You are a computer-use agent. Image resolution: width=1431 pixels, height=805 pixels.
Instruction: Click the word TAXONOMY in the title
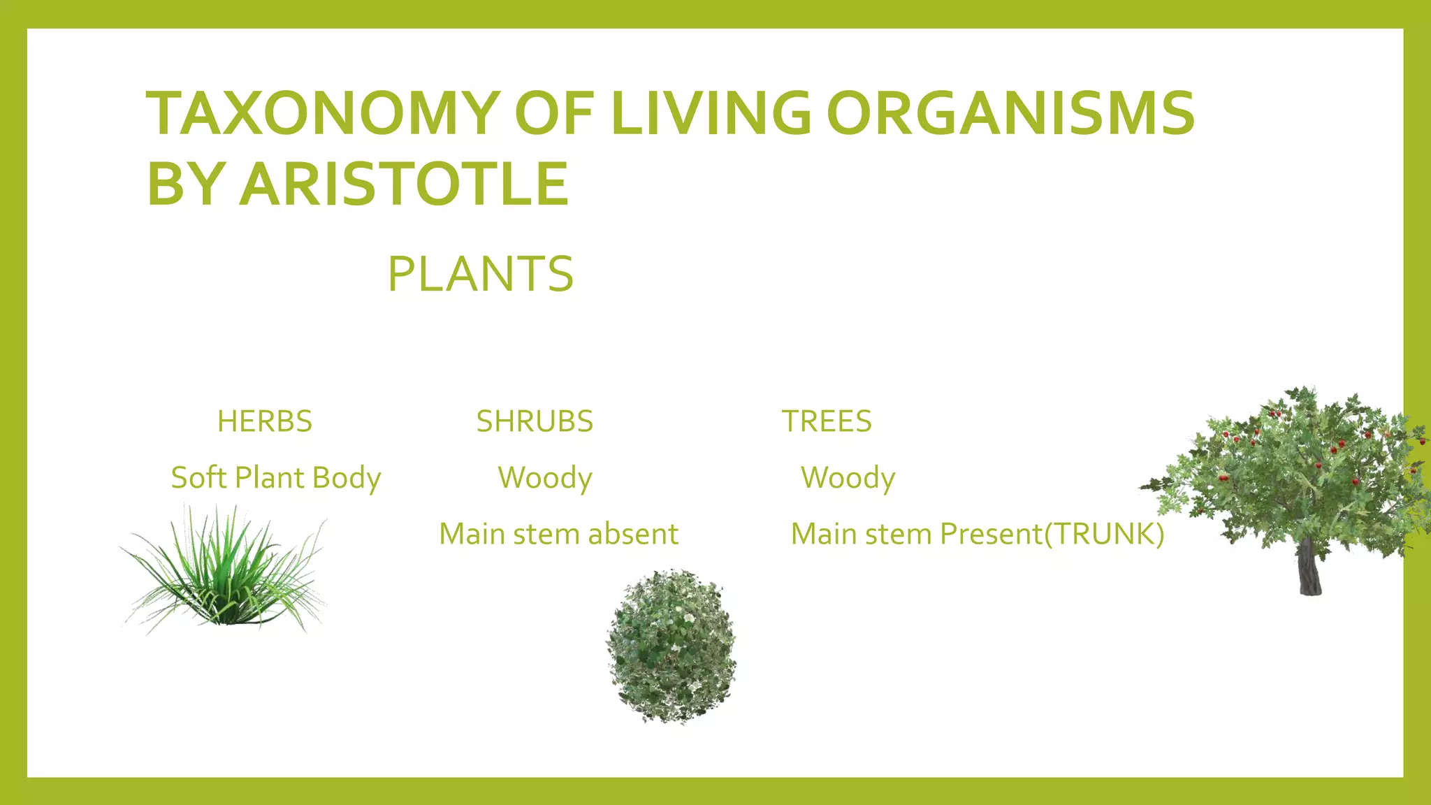coord(322,113)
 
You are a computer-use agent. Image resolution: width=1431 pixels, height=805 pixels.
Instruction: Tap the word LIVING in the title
coord(711,113)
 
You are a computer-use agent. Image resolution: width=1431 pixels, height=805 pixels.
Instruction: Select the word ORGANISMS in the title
coord(1010,113)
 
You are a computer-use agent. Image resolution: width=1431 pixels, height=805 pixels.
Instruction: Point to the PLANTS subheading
coord(481,274)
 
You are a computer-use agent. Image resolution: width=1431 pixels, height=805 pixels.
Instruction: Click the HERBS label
coord(264,421)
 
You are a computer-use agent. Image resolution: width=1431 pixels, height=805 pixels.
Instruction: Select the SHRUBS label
coord(535,421)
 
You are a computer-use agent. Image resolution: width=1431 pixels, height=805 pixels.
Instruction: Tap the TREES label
coord(827,421)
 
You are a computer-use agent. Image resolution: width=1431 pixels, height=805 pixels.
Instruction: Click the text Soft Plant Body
coord(276,478)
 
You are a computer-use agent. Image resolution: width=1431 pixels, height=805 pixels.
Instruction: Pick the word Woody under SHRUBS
coord(545,478)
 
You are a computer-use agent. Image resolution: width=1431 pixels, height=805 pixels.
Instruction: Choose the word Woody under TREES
coord(848,478)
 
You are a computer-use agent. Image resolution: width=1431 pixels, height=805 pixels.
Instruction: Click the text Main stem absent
coord(558,535)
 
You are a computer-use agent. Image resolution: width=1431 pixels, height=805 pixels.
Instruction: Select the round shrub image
coord(671,646)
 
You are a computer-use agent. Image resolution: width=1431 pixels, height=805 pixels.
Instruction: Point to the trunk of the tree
coord(1309,570)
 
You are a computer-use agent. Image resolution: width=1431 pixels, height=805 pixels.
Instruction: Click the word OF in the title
coord(554,113)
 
